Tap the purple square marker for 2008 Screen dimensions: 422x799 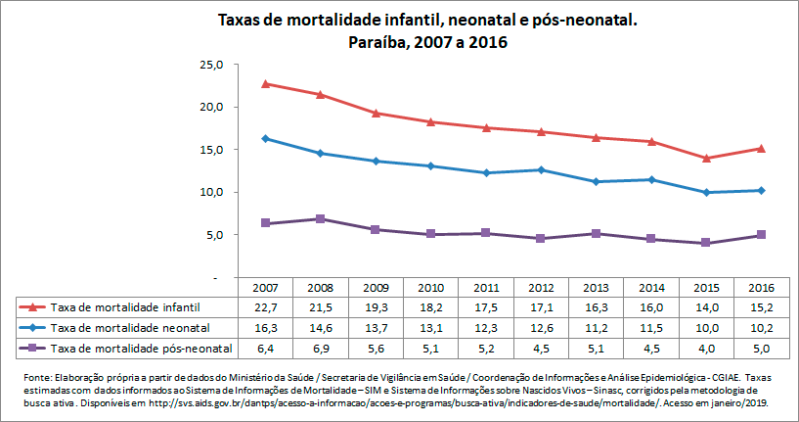click(321, 218)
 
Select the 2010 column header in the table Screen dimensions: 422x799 click(432, 289)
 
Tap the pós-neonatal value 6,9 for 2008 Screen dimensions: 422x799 click(321, 348)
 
